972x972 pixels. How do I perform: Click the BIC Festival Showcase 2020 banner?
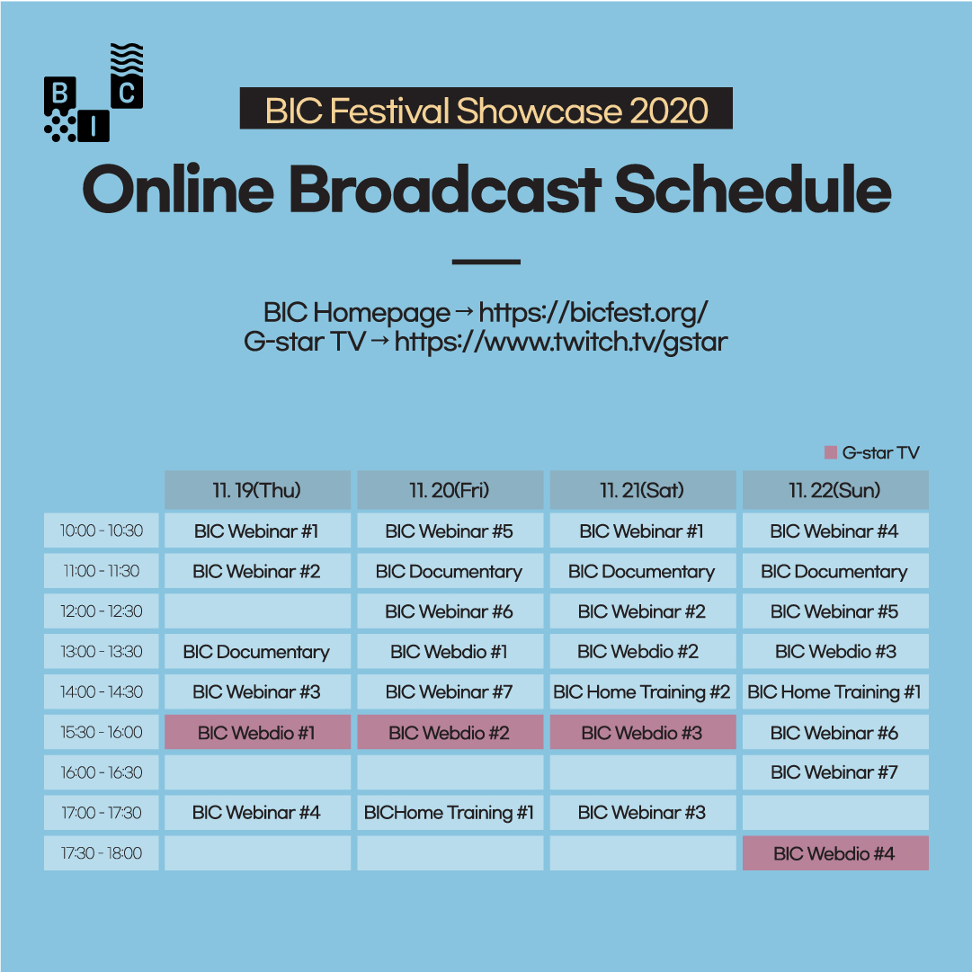click(x=486, y=109)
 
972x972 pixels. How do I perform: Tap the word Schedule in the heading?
click(x=753, y=189)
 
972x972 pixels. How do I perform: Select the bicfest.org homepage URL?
click(x=593, y=312)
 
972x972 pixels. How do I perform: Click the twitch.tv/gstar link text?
click(x=561, y=342)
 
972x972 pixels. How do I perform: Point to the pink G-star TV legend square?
click(x=831, y=452)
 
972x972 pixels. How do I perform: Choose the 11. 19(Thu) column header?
click(x=257, y=490)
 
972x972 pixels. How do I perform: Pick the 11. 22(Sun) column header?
click(x=835, y=490)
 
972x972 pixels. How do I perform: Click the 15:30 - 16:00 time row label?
click(x=101, y=732)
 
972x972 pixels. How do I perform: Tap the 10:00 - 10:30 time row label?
click(x=101, y=531)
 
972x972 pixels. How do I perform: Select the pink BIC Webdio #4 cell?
click(x=835, y=853)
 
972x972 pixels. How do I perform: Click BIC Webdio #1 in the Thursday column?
click(x=257, y=732)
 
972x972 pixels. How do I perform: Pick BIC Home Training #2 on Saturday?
click(x=642, y=691)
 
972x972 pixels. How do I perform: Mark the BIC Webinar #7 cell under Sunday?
click(x=835, y=772)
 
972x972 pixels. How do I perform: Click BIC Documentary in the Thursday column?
click(x=257, y=652)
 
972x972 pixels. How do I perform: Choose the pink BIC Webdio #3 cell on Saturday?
click(x=642, y=732)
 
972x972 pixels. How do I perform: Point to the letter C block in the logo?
click(x=127, y=92)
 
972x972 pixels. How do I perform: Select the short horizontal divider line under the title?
click(x=486, y=263)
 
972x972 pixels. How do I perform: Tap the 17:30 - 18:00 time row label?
click(x=101, y=853)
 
